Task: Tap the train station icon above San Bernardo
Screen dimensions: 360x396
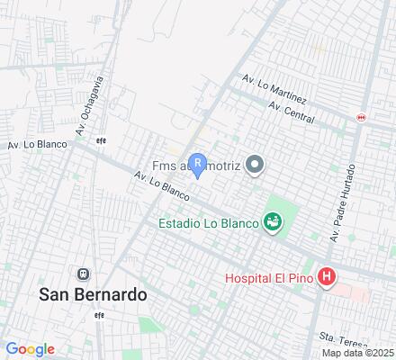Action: click(84, 274)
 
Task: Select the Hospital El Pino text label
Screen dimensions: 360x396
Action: click(269, 280)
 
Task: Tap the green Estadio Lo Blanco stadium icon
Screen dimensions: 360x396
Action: click(271, 220)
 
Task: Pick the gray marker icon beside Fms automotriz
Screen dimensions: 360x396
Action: click(256, 164)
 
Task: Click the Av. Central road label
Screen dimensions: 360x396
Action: click(290, 112)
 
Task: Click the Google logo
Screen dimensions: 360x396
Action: click(30, 348)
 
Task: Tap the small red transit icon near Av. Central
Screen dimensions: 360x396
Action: click(361, 117)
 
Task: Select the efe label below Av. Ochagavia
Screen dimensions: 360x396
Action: click(101, 139)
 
